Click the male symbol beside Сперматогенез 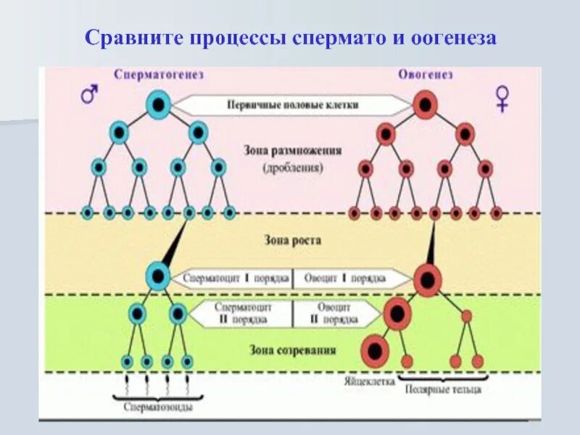click(x=89, y=94)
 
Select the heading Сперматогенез click(x=158, y=75)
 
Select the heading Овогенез click(x=426, y=75)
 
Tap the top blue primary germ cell click(x=158, y=105)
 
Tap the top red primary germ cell click(x=426, y=105)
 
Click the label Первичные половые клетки click(x=293, y=104)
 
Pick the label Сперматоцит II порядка click(x=242, y=313)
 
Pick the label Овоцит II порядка click(x=334, y=313)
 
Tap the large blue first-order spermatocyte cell click(x=157, y=275)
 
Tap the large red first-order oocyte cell click(x=428, y=278)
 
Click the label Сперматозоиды click(x=157, y=407)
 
